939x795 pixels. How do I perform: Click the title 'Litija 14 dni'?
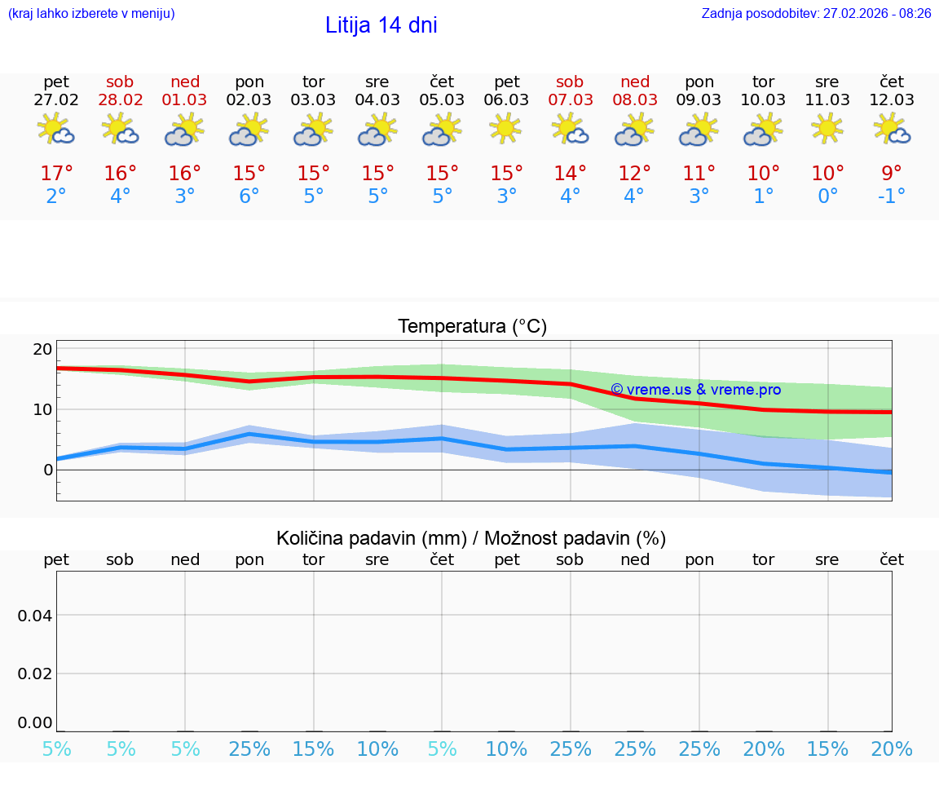tap(381, 25)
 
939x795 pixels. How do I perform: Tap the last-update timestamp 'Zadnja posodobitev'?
tap(816, 14)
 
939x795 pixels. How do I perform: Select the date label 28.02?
tap(120, 100)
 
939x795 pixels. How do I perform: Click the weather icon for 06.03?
tap(506, 129)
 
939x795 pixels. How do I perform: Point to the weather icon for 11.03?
tap(827, 129)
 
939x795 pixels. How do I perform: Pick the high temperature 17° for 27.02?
tap(56, 174)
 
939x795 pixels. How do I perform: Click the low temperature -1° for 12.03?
tap(891, 197)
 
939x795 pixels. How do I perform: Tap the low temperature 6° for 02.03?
tap(249, 197)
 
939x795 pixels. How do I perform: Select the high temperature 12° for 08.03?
tap(634, 174)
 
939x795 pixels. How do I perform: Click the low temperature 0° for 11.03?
tap(827, 197)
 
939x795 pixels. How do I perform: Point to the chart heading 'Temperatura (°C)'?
tap(472, 327)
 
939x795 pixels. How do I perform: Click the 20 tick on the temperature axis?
tap(42, 349)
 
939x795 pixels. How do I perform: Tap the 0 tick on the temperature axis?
tap(48, 470)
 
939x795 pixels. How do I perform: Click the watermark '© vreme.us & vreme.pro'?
tap(695, 390)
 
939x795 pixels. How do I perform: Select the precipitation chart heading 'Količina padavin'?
tap(471, 538)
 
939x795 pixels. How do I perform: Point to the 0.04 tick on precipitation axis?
tap(35, 616)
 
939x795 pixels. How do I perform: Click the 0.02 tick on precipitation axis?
tap(35, 674)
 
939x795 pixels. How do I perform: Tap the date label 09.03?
tap(699, 100)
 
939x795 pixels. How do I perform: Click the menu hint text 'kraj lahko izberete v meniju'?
tap(91, 14)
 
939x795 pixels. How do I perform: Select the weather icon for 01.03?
tap(184, 129)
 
